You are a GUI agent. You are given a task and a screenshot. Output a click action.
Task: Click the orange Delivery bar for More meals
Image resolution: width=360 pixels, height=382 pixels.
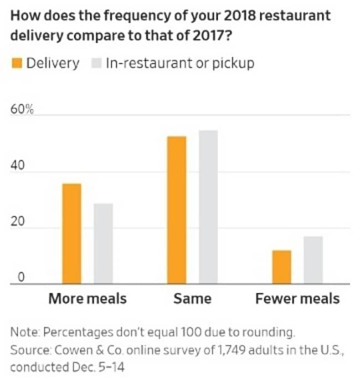71,234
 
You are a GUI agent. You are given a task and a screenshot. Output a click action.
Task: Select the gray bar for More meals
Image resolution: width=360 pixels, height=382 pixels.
103,244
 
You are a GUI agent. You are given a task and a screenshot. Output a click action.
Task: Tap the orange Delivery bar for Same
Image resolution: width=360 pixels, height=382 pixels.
177,210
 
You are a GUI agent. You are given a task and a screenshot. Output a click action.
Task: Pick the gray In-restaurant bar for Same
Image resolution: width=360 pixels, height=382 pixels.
208,207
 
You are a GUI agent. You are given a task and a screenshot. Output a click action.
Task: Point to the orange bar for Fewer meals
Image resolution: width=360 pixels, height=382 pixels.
281,267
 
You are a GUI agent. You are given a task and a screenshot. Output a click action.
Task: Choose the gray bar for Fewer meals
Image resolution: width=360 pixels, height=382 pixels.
313,260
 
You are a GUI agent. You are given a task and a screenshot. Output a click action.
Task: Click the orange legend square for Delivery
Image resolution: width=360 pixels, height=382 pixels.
16,63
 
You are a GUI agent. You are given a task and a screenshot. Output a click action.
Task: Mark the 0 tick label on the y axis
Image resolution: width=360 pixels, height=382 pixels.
19,278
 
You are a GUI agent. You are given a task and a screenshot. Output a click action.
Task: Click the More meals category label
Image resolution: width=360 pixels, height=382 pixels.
88,299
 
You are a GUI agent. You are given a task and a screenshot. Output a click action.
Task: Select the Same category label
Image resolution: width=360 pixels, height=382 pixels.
192,299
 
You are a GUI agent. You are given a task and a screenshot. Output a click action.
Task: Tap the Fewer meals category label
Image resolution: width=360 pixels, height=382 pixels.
297,299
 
